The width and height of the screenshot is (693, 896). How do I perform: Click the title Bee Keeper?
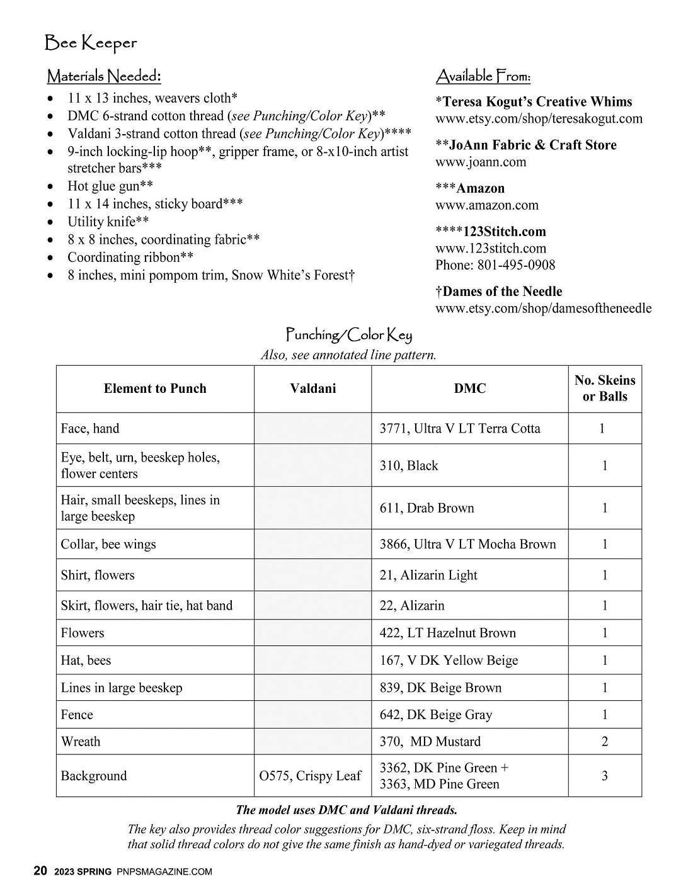(x=91, y=43)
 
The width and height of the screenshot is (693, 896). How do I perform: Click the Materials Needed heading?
(x=104, y=77)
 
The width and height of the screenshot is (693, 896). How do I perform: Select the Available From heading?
(x=483, y=77)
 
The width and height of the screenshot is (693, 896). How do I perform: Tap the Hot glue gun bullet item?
(x=110, y=186)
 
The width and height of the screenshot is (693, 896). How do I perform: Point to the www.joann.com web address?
(x=481, y=162)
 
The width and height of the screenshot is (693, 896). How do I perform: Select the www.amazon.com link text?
(x=487, y=205)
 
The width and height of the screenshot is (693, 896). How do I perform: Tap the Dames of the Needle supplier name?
(x=502, y=292)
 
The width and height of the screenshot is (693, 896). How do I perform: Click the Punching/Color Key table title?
(x=348, y=334)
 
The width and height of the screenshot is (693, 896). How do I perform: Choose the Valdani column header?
(x=313, y=388)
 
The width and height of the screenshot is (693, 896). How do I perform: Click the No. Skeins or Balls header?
(x=605, y=388)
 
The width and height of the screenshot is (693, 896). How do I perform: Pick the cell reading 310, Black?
(x=409, y=465)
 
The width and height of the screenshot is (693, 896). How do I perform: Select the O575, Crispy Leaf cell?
(x=310, y=776)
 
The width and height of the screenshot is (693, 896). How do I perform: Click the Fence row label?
(x=77, y=715)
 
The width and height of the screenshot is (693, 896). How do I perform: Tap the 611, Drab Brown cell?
(x=427, y=508)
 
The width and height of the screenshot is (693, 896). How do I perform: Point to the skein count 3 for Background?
(x=605, y=776)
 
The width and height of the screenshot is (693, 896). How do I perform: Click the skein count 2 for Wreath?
(x=605, y=741)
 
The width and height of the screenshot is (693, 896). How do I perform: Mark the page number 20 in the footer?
(x=40, y=871)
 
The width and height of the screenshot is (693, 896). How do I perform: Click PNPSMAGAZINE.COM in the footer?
(x=164, y=872)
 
